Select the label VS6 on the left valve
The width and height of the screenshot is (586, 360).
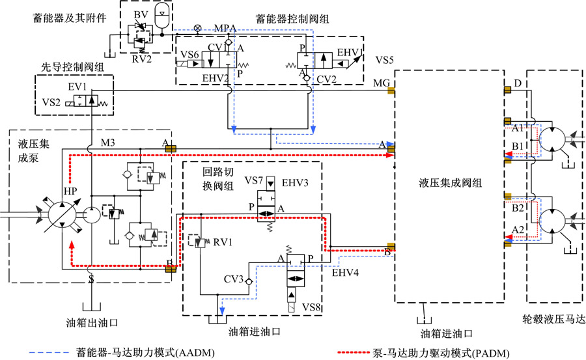click(x=189, y=54)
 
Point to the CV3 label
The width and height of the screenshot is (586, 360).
click(x=233, y=280)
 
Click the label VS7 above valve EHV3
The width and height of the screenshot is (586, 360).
click(x=253, y=179)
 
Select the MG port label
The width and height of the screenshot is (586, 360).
click(x=381, y=83)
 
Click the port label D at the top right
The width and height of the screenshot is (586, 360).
click(x=518, y=83)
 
